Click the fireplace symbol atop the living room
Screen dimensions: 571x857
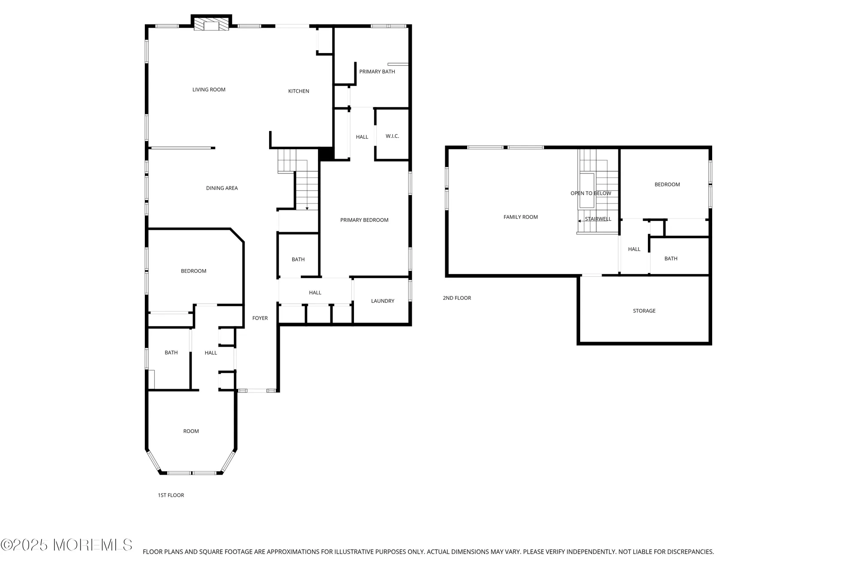point(211,24)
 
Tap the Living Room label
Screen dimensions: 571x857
point(209,90)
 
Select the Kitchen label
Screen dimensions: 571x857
point(299,91)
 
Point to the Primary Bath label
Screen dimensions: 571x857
point(377,72)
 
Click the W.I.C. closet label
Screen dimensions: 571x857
point(392,136)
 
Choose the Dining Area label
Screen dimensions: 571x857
point(222,188)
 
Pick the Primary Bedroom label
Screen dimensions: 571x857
point(364,220)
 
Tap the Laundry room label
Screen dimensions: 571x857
point(383,301)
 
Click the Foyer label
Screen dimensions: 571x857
point(260,318)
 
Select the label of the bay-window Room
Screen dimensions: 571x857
point(191,431)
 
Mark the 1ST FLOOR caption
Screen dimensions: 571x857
point(171,495)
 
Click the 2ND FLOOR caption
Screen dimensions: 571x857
point(457,298)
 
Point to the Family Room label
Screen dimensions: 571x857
point(521,217)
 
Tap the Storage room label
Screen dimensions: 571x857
point(644,311)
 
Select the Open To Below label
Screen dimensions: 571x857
point(590,193)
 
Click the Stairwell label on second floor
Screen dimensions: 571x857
point(598,219)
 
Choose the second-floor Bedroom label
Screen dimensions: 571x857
point(667,185)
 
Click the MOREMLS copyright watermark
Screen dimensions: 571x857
point(66,545)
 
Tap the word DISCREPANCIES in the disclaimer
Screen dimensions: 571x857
point(690,552)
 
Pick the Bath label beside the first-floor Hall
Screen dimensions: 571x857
point(171,353)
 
